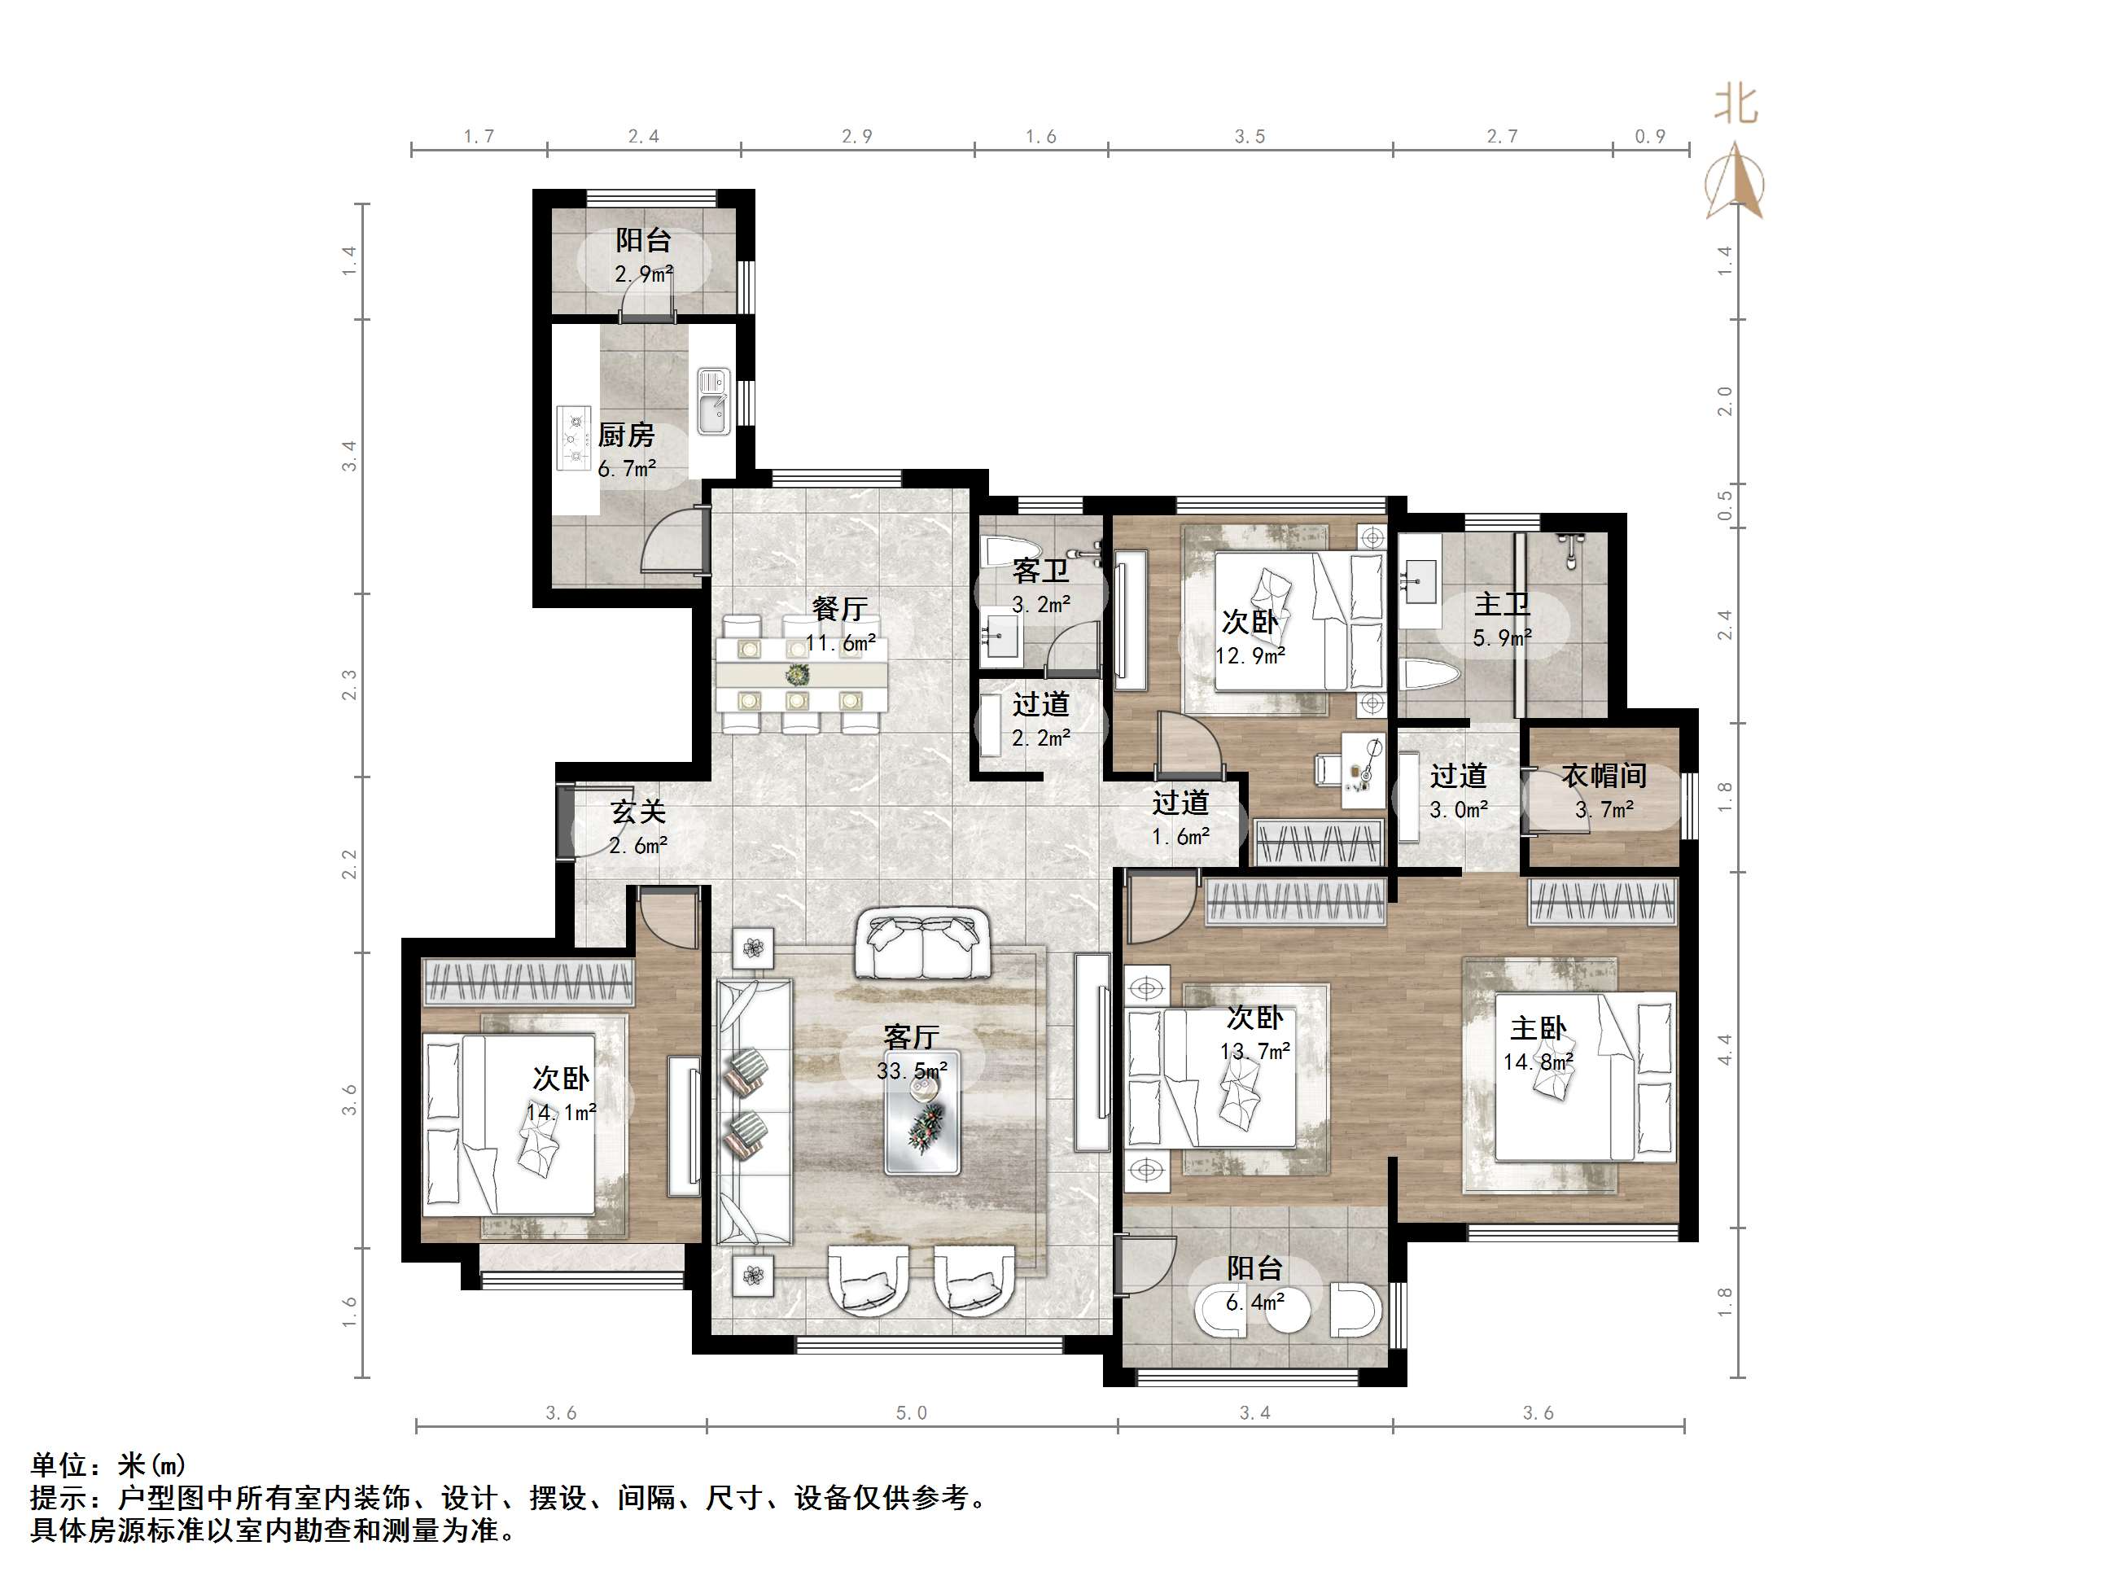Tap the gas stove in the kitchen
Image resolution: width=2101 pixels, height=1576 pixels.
pyautogui.click(x=574, y=438)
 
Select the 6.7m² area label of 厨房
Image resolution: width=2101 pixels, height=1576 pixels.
pyautogui.click(x=627, y=468)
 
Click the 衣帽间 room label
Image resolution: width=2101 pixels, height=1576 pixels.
pyautogui.click(x=1604, y=776)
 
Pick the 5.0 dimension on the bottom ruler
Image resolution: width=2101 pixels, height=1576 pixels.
pyautogui.click(x=911, y=1413)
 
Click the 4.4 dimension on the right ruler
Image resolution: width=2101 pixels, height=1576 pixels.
pyautogui.click(x=1724, y=1048)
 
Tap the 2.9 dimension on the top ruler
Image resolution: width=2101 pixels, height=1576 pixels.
pyautogui.click(x=856, y=137)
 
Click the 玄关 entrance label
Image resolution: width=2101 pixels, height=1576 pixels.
pyautogui.click(x=637, y=812)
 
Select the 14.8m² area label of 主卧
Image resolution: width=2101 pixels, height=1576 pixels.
pyautogui.click(x=1538, y=1062)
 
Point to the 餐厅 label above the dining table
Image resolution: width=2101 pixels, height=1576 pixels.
pyautogui.click(x=839, y=609)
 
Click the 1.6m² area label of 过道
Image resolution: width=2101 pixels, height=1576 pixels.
pyautogui.click(x=1180, y=837)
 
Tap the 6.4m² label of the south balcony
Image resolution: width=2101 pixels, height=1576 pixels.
pyautogui.click(x=1254, y=1302)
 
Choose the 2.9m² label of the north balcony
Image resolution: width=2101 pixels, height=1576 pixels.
pyautogui.click(x=643, y=274)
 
